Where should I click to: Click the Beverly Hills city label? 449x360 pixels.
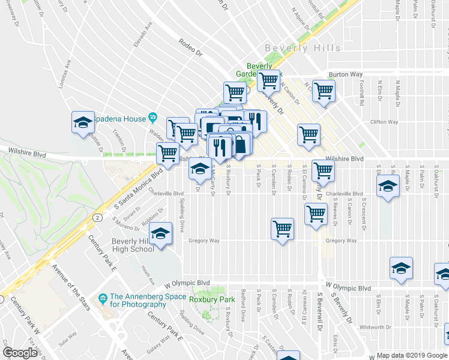click(303, 48)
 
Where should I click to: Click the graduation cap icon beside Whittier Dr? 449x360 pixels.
click(82, 124)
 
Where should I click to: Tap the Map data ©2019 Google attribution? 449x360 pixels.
click(412, 355)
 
